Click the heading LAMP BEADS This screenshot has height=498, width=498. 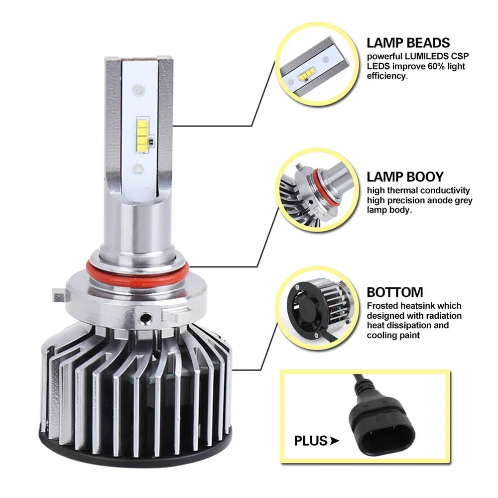(x=408, y=43)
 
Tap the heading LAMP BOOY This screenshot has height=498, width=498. (x=405, y=177)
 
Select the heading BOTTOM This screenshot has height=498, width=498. (x=395, y=292)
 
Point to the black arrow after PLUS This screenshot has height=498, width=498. (x=335, y=441)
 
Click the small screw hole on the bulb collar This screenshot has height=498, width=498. (x=146, y=317)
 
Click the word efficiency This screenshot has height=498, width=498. (x=386, y=76)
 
